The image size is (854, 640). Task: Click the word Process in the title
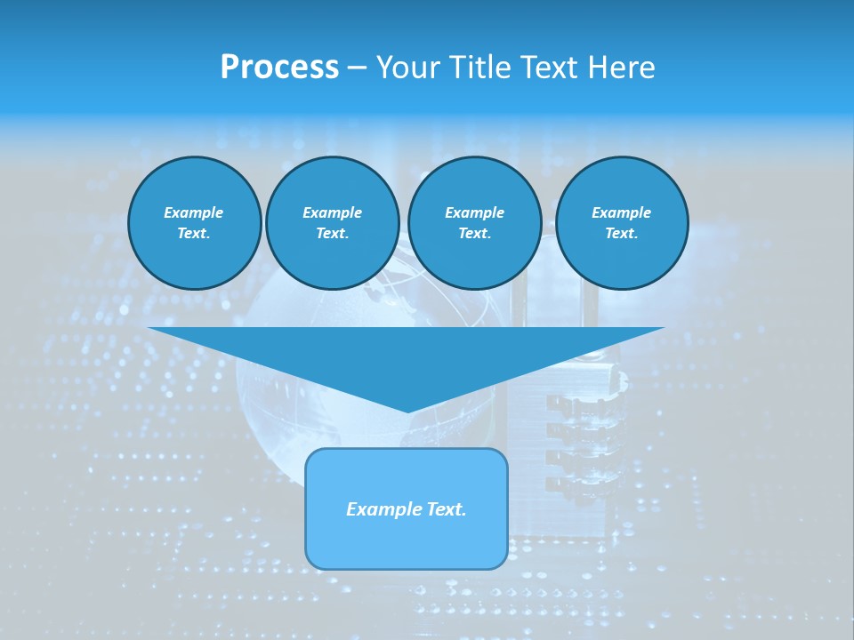point(279,68)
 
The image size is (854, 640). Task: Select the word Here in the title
point(622,68)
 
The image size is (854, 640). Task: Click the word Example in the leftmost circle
point(194,212)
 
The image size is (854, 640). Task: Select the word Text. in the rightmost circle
point(622,234)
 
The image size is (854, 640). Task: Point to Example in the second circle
point(333,212)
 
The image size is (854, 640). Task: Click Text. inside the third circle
point(474,234)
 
